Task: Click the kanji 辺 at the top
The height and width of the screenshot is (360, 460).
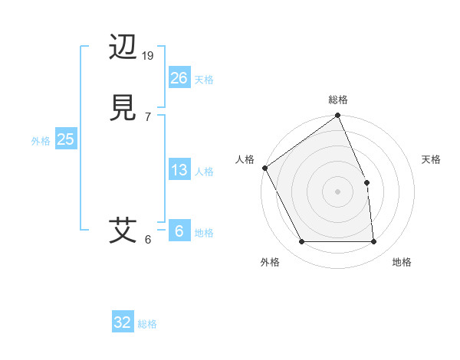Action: (123, 47)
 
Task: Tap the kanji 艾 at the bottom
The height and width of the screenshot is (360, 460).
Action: (123, 230)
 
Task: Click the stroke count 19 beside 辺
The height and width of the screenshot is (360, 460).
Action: (148, 56)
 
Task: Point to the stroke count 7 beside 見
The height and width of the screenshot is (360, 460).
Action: (147, 116)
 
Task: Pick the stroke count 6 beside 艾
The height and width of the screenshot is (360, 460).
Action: (147, 239)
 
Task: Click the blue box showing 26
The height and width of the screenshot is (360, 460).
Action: (179, 77)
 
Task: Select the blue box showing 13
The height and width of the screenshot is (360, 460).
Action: (179, 170)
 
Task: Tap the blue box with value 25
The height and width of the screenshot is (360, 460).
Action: (65, 139)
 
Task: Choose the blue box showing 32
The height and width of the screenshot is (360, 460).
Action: (123, 322)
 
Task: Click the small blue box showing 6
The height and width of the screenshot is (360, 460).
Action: (179, 231)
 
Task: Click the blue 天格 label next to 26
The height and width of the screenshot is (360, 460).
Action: (204, 80)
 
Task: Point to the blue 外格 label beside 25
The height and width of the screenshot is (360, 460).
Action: (41, 141)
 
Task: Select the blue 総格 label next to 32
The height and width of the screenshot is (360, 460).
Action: (147, 324)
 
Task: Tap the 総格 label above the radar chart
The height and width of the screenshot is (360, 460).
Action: (338, 100)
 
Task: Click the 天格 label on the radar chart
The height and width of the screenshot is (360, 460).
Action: (432, 159)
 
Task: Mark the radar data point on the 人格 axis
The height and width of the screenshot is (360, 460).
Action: (264, 168)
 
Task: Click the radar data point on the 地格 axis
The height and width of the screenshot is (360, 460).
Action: (374, 242)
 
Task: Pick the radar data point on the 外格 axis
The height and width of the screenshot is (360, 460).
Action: (301, 242)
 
